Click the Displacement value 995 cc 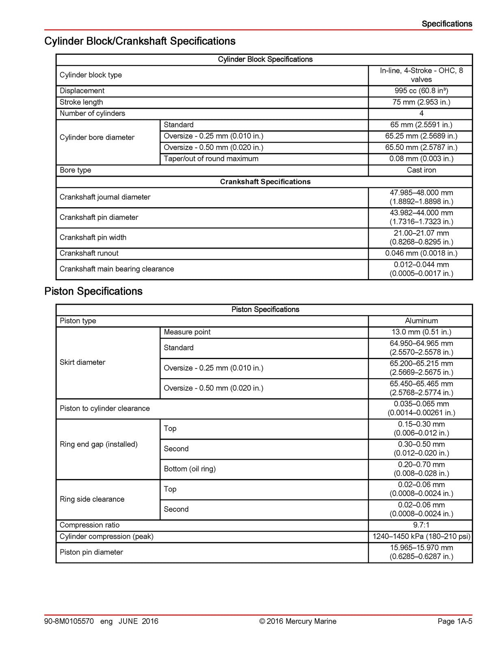click(x=421, y=91)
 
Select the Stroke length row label click(x=81, y=102)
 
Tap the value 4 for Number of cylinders click(x=421, y=113)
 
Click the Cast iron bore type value click(x=421, y=170)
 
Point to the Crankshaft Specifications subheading click(x=265, y=182)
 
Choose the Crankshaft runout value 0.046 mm click(x=421, y=253)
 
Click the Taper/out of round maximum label click(x=211, y=158)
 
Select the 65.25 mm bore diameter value click(x=421, y=136)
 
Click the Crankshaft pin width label click(x=93, y=237)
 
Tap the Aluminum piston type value click(x=421, y=321)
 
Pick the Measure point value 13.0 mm click(x=421, y=332)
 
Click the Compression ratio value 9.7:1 click(x=421, y=525)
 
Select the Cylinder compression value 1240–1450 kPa click(x=421, y=536)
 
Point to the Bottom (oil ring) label click(x=190, y=469)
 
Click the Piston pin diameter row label click(x=91, y=552)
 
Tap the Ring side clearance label click(x=92, y=499)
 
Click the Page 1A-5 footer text click(x=454, y=621)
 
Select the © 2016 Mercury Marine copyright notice click(x=298, y=621)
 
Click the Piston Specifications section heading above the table click(x=93, y=291)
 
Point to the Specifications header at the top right click(x=446, y=24)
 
